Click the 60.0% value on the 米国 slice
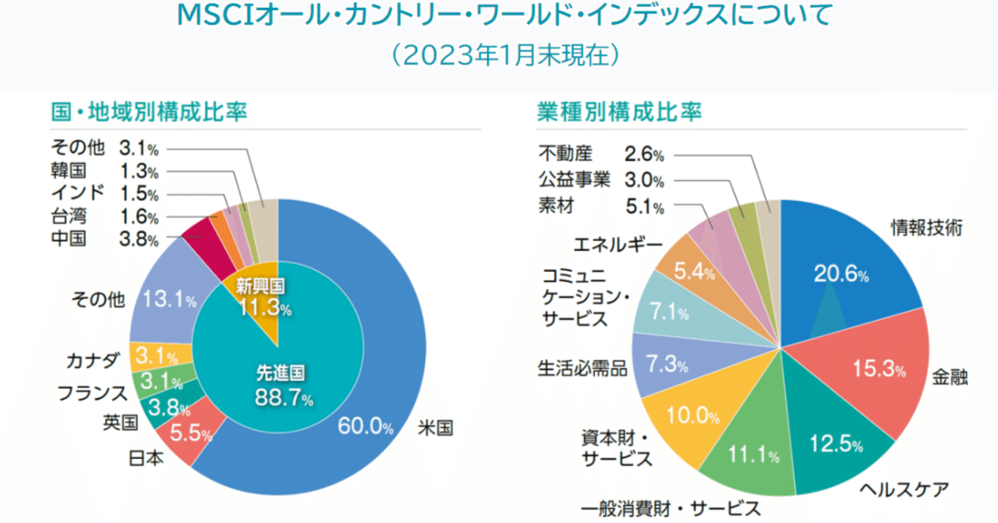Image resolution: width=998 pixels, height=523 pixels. pos(364,426)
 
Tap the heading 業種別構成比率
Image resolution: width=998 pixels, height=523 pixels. pos(619,112)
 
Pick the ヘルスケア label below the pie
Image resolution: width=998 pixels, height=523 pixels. pos(904,490)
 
